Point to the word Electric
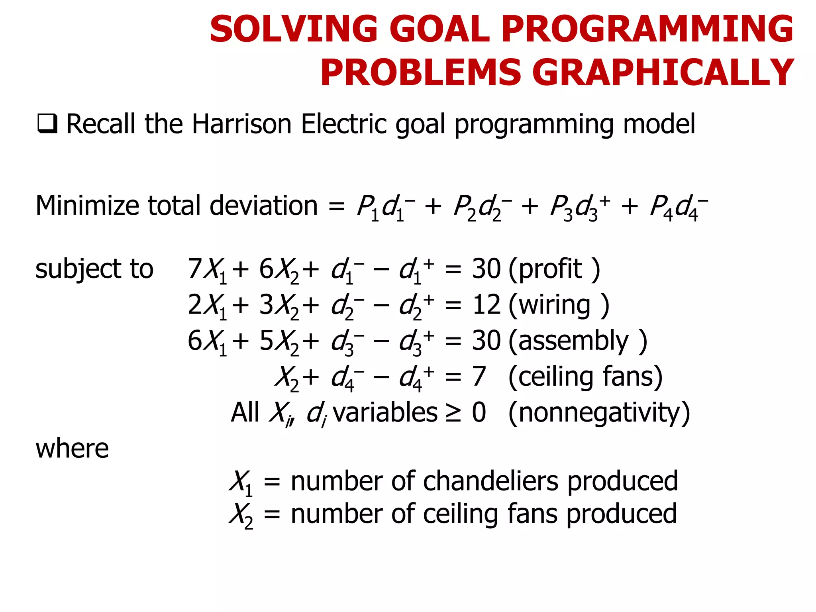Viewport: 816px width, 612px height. click(x=344, y=124)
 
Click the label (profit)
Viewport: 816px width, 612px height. click(x=554, y=269)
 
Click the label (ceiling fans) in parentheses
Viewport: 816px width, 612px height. click(x=585, y=377)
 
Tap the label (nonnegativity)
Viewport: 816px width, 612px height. click(x=599, y=412)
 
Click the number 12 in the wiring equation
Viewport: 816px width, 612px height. click(x=486, y=305)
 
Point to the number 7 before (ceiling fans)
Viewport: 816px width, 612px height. click(x=479, y=377)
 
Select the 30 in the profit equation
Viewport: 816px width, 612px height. click(x=486, y=269)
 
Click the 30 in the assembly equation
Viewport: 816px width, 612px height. click(x=486, y=341)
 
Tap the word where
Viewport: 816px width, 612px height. click(x=72, y=449)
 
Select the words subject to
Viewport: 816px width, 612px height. click(x=94, y=269)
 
